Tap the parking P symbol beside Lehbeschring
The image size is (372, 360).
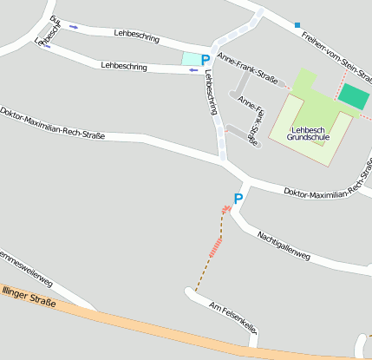click(206, 60)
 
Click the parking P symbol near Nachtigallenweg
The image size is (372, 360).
click(238, 199)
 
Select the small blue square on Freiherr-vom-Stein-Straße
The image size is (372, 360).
click(297, 25)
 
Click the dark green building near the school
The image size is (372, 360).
click(353, 95)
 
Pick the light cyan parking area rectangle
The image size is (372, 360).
click(190, 58)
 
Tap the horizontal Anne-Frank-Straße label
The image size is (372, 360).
click(248, 69)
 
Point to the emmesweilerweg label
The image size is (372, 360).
click(26, 269)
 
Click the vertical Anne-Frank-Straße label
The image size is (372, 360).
click(249, 122)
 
